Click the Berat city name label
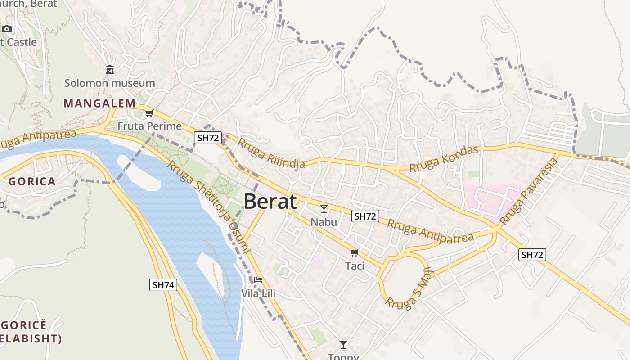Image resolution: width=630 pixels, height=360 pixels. tap(270, 202)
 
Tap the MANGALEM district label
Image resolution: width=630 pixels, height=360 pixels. tap(99, 103)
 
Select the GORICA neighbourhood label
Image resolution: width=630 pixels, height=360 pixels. tap(32, 182)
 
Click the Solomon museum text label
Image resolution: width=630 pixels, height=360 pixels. tap(109, 83)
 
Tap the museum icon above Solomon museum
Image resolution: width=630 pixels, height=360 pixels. tap(109, 70)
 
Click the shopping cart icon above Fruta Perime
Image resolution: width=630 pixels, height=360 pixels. tap(149, 113)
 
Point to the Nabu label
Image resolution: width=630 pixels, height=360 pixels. tap(324, 222)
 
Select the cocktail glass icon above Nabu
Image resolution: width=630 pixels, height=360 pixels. tap(324, 209)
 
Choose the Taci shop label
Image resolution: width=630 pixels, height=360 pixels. tap(355, 266)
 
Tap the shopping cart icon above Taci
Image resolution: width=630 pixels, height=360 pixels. tap(355, 253)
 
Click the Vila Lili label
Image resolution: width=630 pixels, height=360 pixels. tap(258, 294)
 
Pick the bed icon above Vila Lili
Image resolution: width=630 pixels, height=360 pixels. tap(258, 280)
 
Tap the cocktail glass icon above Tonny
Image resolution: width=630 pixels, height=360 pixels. tap(343, 345)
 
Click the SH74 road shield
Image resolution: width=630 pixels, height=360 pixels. tap(163, 284)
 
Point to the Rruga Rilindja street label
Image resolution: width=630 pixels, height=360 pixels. tap(271, 153)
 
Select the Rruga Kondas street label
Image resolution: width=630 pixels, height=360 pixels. tap(443, 158)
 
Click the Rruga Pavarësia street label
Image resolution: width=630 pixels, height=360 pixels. tap(529, 192)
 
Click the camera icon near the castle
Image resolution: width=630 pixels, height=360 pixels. tap(7, 29)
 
